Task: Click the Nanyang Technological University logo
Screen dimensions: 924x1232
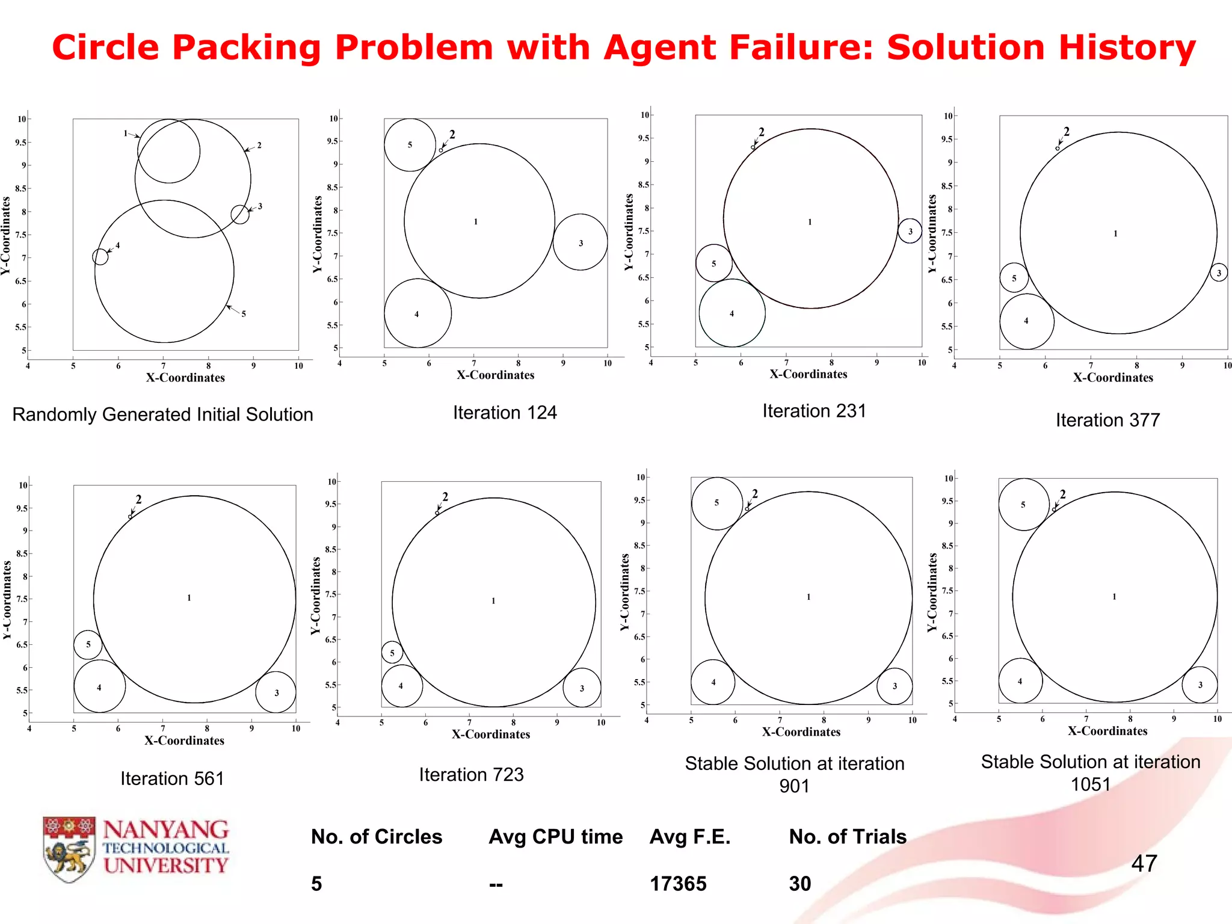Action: coord(136,849)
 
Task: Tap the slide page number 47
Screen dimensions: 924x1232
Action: coord(1144,863)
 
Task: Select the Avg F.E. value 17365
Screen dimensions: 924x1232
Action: coord(678,884)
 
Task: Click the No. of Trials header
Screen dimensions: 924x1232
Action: coord(848,837)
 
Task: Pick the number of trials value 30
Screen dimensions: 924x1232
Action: coord(800,884)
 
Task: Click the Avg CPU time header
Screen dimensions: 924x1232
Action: coord(555,837)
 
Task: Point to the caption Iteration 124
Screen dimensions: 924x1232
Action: coord(505,413)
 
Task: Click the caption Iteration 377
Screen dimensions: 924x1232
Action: coord(1107,420)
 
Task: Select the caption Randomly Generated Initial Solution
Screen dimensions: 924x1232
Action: coord(162,414)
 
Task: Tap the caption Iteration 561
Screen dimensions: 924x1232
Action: coord(172,778)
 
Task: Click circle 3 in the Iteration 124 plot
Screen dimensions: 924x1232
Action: coord(580,242)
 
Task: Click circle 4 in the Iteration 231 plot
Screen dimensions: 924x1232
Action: coord(732,313)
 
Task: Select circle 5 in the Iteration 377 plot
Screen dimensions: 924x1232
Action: coord(1014,278)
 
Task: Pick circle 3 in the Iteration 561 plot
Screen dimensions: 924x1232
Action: coord(276,692)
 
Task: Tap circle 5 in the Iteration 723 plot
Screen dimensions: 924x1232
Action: coord(392,652)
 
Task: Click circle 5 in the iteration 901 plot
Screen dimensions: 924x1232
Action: coord(716,503)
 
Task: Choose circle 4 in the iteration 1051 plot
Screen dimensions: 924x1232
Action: coord(1020,681)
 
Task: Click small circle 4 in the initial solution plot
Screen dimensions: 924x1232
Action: coord(100,257)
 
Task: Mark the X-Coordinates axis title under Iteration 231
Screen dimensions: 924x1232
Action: coord(808,374)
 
